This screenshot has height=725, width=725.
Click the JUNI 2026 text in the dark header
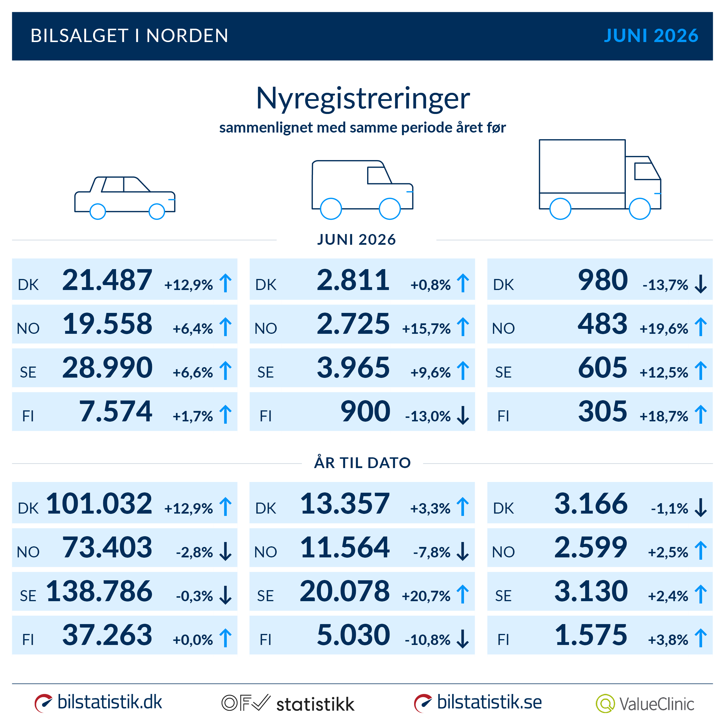(651, 36)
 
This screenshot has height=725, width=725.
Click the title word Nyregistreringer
(363, 99)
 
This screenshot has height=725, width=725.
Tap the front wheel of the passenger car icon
(157, 212)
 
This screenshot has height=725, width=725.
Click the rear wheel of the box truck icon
(560, 209)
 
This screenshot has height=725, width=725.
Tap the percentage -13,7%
(665, 285)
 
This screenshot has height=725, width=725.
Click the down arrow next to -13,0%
(463, 415)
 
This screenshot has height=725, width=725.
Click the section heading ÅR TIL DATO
(362, 462)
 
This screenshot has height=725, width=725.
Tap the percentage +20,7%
(426, 596)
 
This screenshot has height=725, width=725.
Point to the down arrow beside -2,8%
(226, 551)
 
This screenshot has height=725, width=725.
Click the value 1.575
(591, 635)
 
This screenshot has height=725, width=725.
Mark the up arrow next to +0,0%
(226, 638)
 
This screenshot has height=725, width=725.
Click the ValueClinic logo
(645, 704)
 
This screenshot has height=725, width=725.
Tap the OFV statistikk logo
(288, 703)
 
